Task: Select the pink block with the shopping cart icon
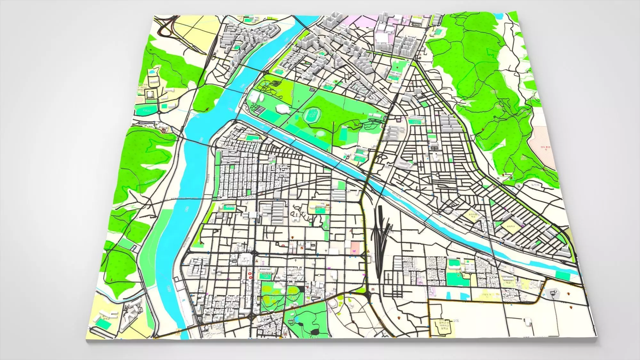(x=355, y=247)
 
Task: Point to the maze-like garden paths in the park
(x=275, y=85)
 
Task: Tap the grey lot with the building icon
(x=553, y=293)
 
